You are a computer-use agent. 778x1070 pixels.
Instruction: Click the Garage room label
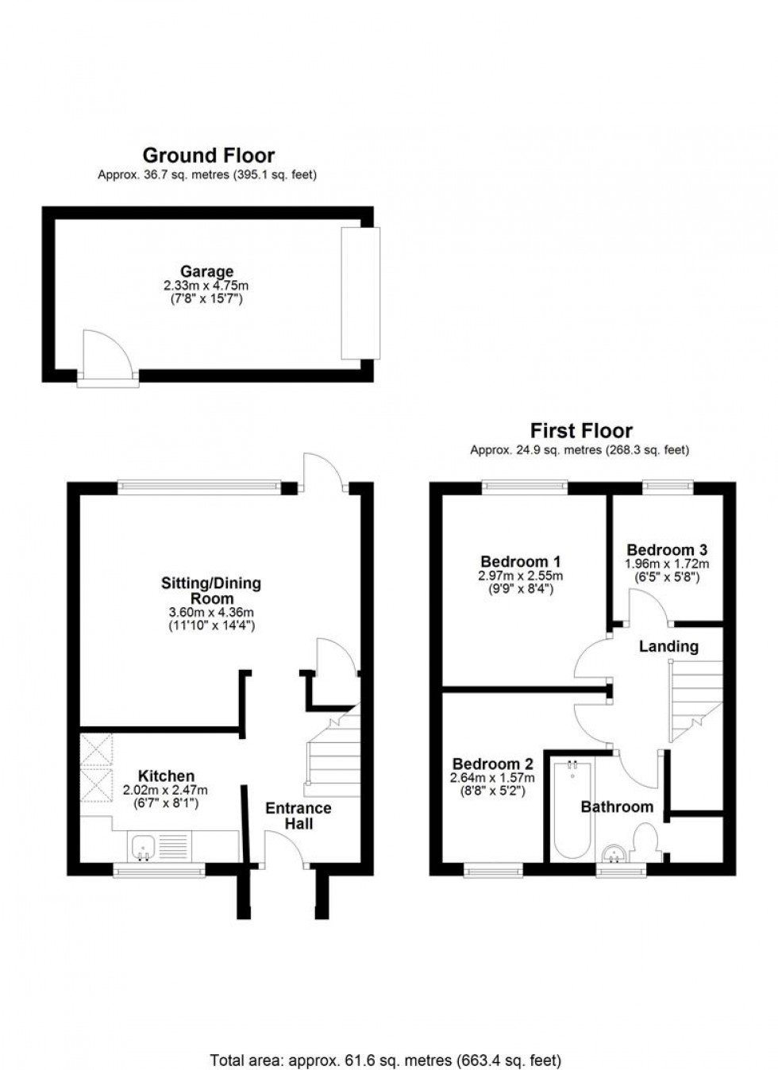[x=206, y=271]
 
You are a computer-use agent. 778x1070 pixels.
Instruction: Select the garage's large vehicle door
[x=360, y=293]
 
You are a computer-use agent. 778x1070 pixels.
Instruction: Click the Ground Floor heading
[x=208, y=156]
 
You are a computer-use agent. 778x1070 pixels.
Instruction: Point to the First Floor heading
[x=581, y=431]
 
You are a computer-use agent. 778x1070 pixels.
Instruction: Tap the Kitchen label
[x=166, y=776]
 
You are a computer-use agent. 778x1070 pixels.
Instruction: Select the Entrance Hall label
[x=298, y=816]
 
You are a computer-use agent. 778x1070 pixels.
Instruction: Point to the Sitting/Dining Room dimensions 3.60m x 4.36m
[x=211, y=612]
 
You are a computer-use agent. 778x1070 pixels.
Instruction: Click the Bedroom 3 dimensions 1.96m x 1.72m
[x=667, y=564]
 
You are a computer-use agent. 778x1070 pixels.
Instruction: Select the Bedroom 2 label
[x=492, y=764]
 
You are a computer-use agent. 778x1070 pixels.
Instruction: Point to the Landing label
[x=668, y=646]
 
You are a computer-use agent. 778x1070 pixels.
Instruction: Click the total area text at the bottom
[x=385, y=1060]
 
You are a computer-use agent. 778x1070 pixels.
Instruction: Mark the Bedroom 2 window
[x=493, y=871]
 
